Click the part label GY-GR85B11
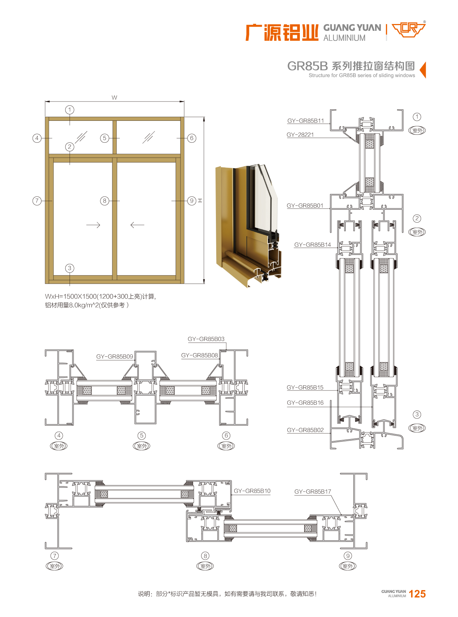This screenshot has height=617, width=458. click(x=305, y=121)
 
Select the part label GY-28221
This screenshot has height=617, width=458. click(x=300, y=135)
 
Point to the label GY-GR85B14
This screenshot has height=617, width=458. click(x=312, y=245)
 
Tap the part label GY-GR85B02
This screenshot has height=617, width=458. click(x=305, y=430)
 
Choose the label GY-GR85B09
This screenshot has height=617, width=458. click(x=114, y=357)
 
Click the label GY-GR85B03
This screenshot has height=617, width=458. click(x=206, y=339)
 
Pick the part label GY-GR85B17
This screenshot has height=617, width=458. click(x=312, y=492)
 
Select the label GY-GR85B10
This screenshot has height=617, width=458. click(x=252, y=491)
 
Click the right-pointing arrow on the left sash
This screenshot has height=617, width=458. click(x=93, y=225)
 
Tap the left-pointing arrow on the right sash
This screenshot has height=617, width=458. click(x=137, y=225)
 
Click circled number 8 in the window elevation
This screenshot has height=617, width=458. click(x=104, y=201)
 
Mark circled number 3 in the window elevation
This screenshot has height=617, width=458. click(x=70, y=268)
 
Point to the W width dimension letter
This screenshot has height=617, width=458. click(x=114, y=98)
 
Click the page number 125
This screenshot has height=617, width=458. click(x=417, y=594)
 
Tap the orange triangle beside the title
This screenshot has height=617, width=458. click(x=423, y=70)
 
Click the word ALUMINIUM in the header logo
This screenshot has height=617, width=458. click(x=344, y=38)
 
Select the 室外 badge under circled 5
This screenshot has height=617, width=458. click(x=142, y=446)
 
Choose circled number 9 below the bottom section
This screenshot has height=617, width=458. click(x=348, y=556)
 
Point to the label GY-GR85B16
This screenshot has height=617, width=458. click(x=305, y=403)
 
